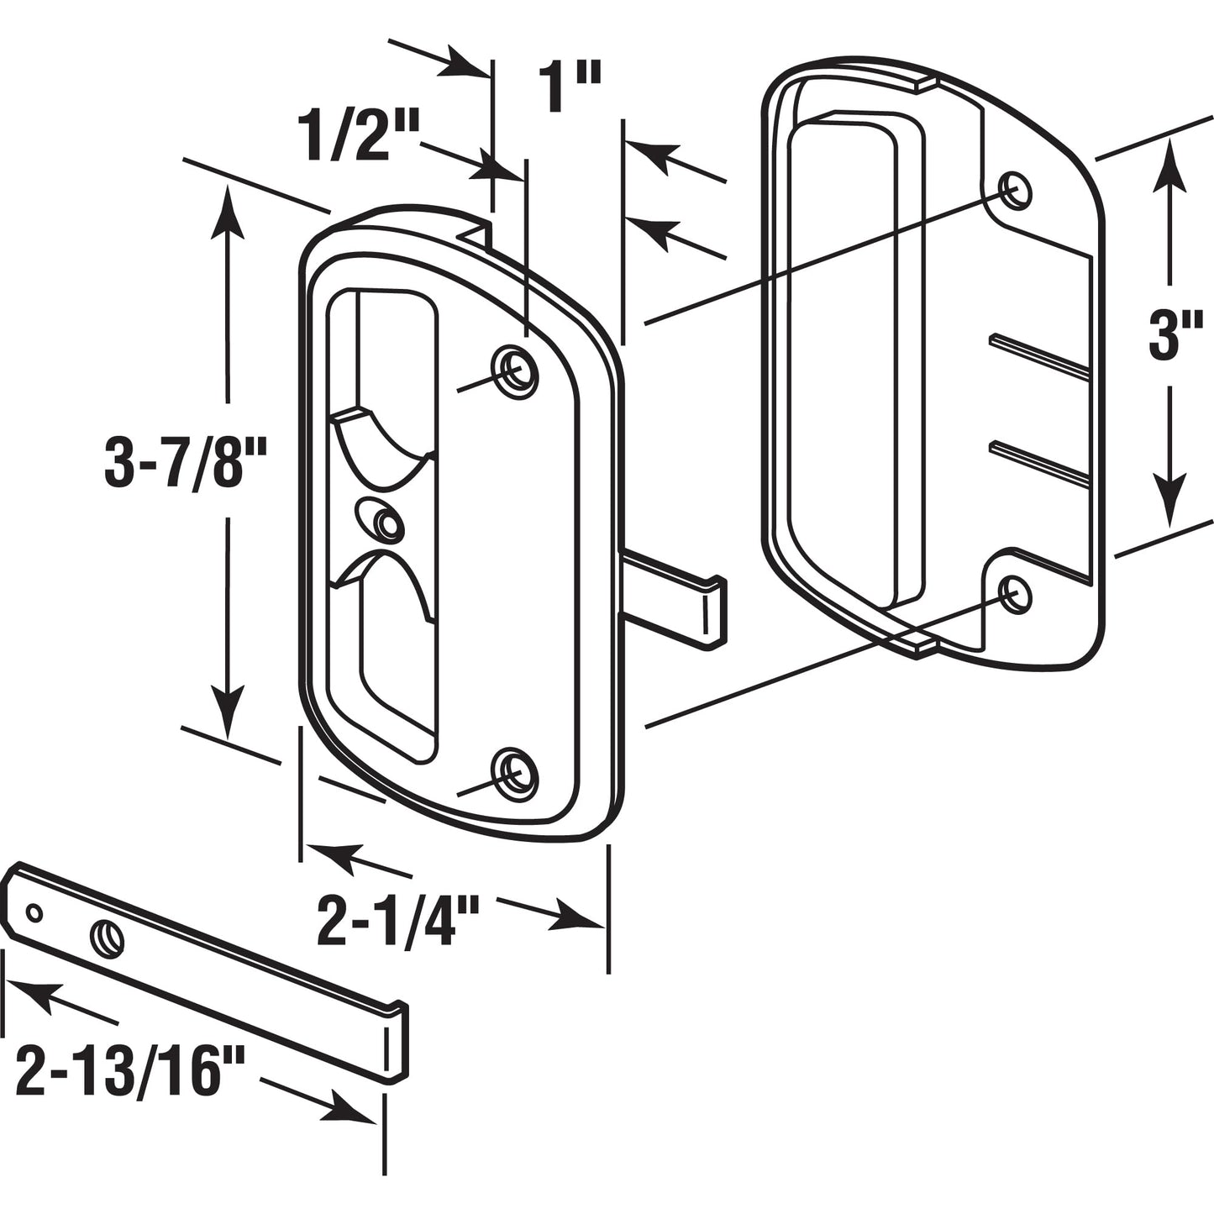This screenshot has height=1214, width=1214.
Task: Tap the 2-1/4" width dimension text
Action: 397,922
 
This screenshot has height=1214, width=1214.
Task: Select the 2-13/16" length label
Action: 130,1070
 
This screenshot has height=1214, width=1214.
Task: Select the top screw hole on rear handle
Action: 1013,188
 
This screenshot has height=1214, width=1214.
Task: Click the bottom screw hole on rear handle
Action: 1014,592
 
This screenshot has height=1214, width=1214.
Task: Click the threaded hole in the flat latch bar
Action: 108,934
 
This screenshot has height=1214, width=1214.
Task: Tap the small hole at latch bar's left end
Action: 34,912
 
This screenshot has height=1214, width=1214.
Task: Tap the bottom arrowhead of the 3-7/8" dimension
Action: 228,714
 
